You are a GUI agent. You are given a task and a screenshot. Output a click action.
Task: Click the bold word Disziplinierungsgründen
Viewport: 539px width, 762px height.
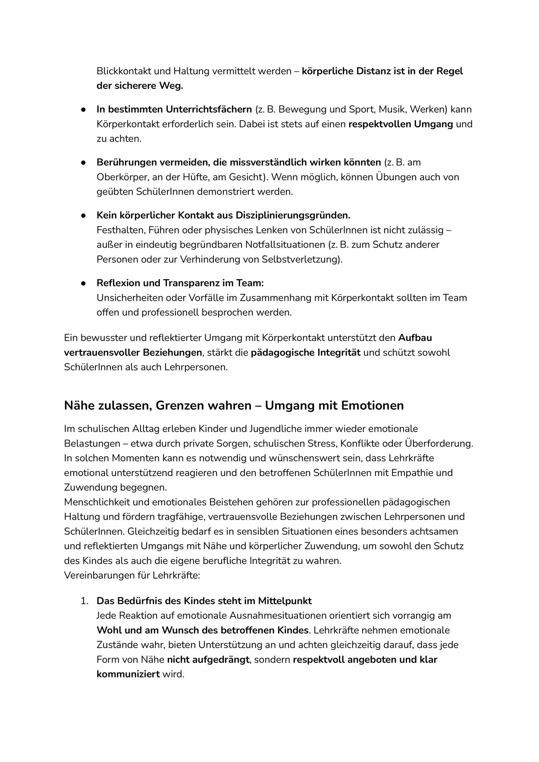click(293, 215)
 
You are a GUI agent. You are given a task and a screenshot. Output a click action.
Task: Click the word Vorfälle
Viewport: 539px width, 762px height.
click(206, 298)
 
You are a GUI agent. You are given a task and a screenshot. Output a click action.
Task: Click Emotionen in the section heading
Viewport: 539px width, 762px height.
click(373, 406)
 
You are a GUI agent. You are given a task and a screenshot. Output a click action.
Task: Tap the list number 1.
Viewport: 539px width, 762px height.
click(85, 601)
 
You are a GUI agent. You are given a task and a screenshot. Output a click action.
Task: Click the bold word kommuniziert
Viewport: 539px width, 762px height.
click(128, 674)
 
